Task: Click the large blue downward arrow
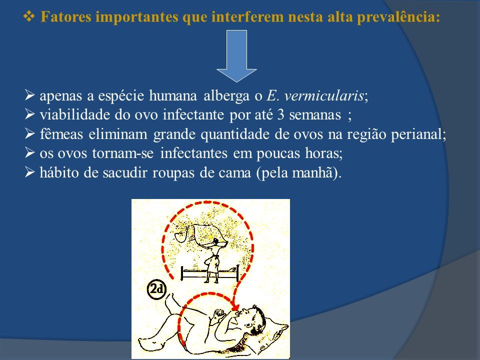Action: [x=236, y=55]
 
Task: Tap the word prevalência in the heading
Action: [x=398, y=17]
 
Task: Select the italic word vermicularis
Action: [x=324, y=95]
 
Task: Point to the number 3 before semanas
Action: [x=280, y=115]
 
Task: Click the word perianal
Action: [x=418, y=134]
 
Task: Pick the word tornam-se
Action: [x=123, y=153]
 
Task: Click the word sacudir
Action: [x=125, y=172]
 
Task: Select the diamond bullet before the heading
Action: [x=29, y=16]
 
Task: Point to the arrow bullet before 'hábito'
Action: [x=29, y=172]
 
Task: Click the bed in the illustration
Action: [x=209, y=273]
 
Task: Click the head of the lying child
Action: [x=252, y=319]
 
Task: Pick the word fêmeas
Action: [x=61, y=134]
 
